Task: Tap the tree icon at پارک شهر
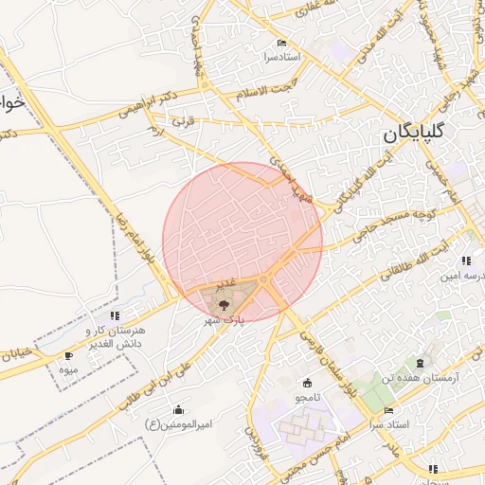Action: tap(224, 305)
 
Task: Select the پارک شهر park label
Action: tap(226, 320)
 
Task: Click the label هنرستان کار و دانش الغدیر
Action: tap(114, 335)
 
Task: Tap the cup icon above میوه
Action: tap(68, 356)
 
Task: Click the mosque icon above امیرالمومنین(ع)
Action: tap(178, 410)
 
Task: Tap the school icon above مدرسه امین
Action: tap(465, 260)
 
